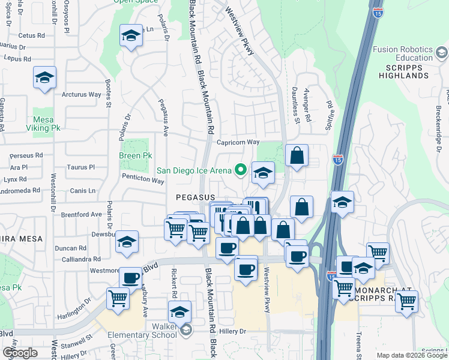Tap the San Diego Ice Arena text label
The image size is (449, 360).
click(x=194, y=170)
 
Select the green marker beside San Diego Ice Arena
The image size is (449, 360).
click(x=241, y=170)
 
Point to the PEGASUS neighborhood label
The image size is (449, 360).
click(x=196, y=197)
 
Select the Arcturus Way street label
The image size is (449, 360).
click(x=82, y=94)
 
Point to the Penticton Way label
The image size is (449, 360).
click(x=143, y=178)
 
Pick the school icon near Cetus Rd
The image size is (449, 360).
click(x=130, y=36)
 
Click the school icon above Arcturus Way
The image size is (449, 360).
click(x=44, y=78)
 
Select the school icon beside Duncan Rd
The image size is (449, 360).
click(x=127, y=242)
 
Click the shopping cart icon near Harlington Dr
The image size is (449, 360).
click(x=118, y=298)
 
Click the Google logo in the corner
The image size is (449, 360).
click(x=20, y=353)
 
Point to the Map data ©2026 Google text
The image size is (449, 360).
click(x=411, y=355)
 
